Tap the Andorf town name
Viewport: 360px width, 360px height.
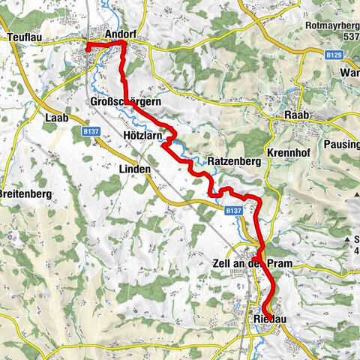(121, 35)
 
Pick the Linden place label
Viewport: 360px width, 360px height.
(135, 169)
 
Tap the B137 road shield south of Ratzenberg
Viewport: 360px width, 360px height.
(233, 211)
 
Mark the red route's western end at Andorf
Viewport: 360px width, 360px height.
(88, 47)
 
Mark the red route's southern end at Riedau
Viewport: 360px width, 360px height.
(265, 309)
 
